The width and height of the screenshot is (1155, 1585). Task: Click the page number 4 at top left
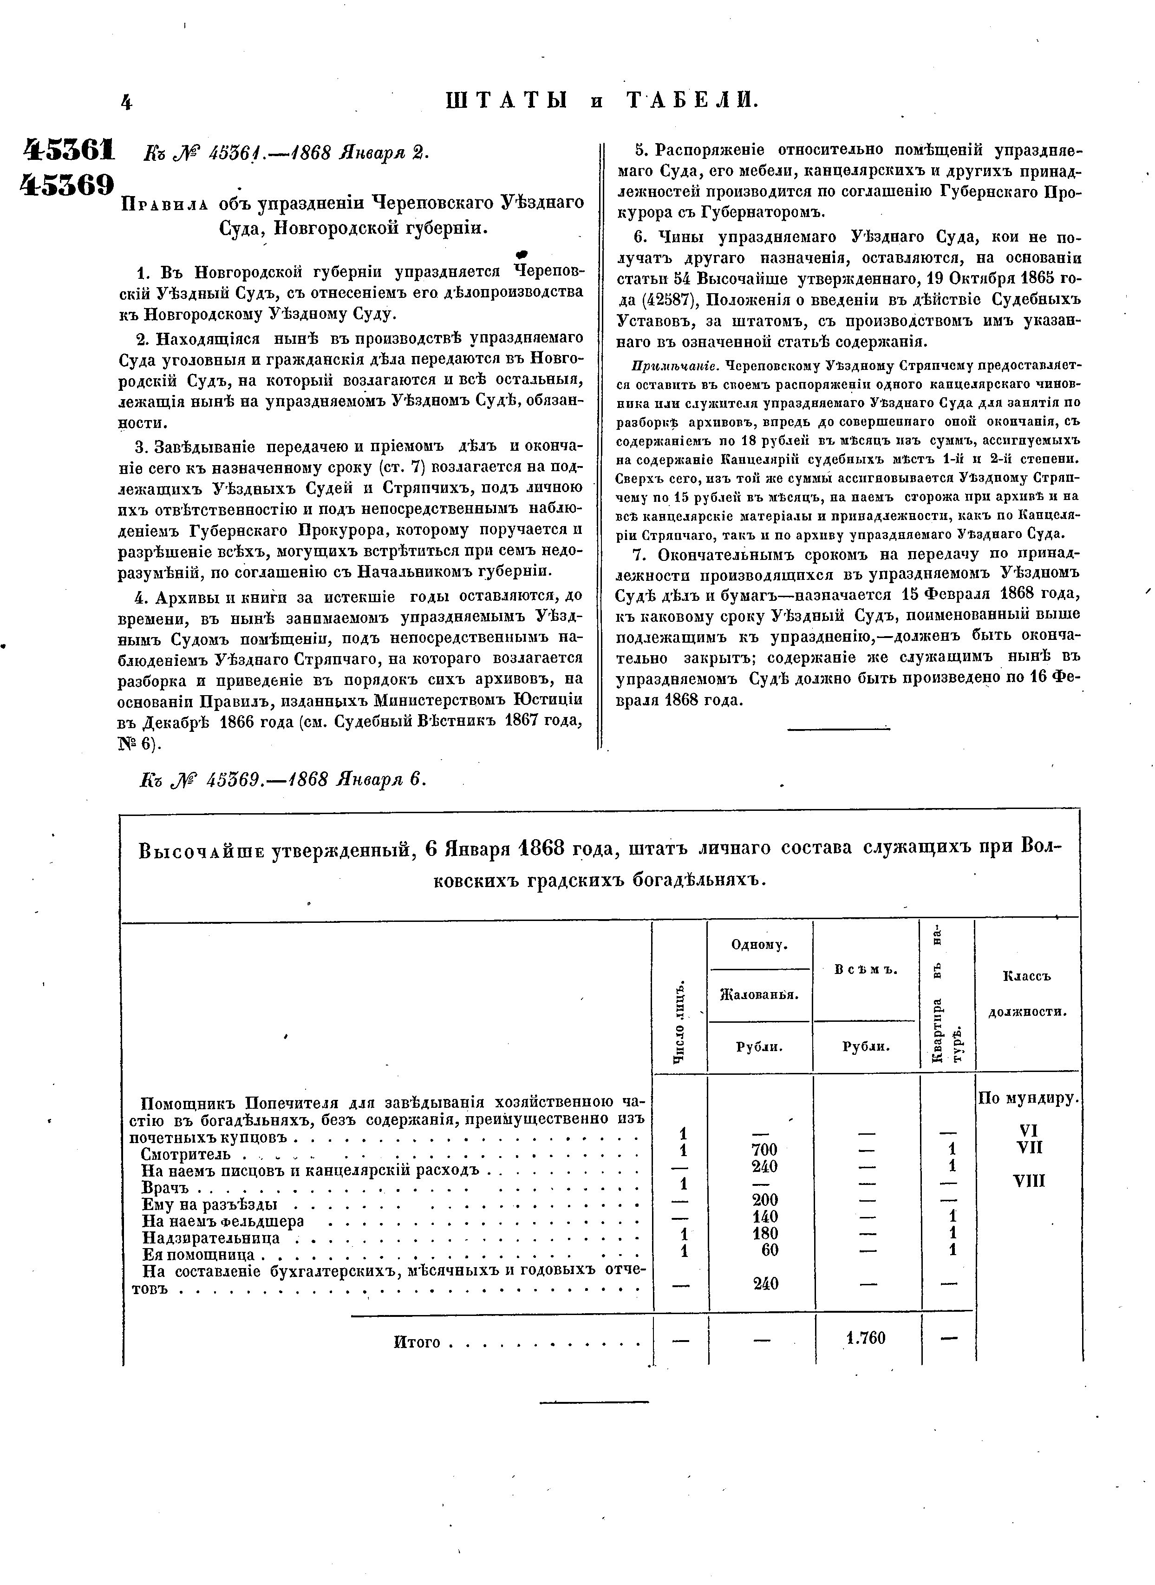[126, 103]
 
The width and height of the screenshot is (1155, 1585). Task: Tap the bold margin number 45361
[69, 151]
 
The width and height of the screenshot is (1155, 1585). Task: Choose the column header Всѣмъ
[866, 970]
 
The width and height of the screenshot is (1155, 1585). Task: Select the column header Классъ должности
[1027, 993]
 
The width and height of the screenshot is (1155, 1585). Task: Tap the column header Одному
[759, 945]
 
